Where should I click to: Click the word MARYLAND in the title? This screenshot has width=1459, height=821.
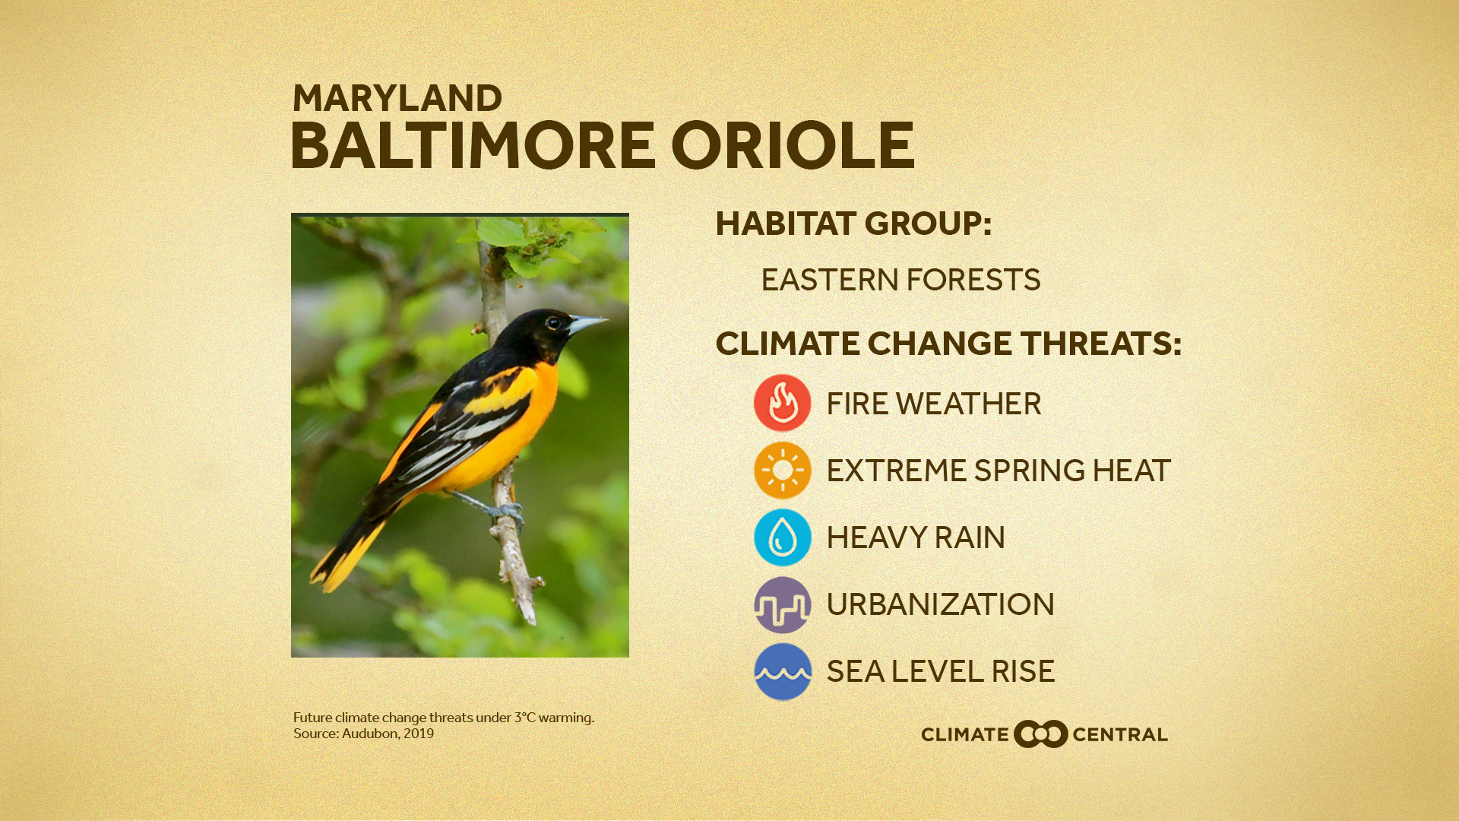point(397,99)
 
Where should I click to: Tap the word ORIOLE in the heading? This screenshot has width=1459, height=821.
point(793,146)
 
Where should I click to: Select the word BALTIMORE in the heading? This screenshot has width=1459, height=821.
point(472,146)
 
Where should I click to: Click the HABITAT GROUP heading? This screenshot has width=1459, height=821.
point(853,223)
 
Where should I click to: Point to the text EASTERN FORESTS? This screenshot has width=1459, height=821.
point(900,280)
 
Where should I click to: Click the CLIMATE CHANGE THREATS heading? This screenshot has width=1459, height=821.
point(948,344)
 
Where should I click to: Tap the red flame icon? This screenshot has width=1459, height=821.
point(782,403)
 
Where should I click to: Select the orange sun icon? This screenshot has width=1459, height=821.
point(782,470)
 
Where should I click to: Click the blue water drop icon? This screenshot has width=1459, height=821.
point(782,537)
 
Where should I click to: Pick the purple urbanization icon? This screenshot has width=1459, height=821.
point(782,604)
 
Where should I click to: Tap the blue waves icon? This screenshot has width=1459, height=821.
point(782,671)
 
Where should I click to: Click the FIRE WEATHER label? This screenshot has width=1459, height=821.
point(933,404)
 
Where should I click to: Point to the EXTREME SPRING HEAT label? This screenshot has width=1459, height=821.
point(998,471)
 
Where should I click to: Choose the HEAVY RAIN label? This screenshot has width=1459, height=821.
point(915,537)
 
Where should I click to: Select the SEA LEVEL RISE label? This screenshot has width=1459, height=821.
point(940,671)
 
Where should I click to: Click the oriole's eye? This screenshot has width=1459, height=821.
point(553,322)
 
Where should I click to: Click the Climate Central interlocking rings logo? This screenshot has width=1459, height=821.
point(1040,734)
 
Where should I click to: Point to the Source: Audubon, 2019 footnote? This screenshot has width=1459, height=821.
point(363,734)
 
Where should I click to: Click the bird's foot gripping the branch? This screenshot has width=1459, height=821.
point(508,512)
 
